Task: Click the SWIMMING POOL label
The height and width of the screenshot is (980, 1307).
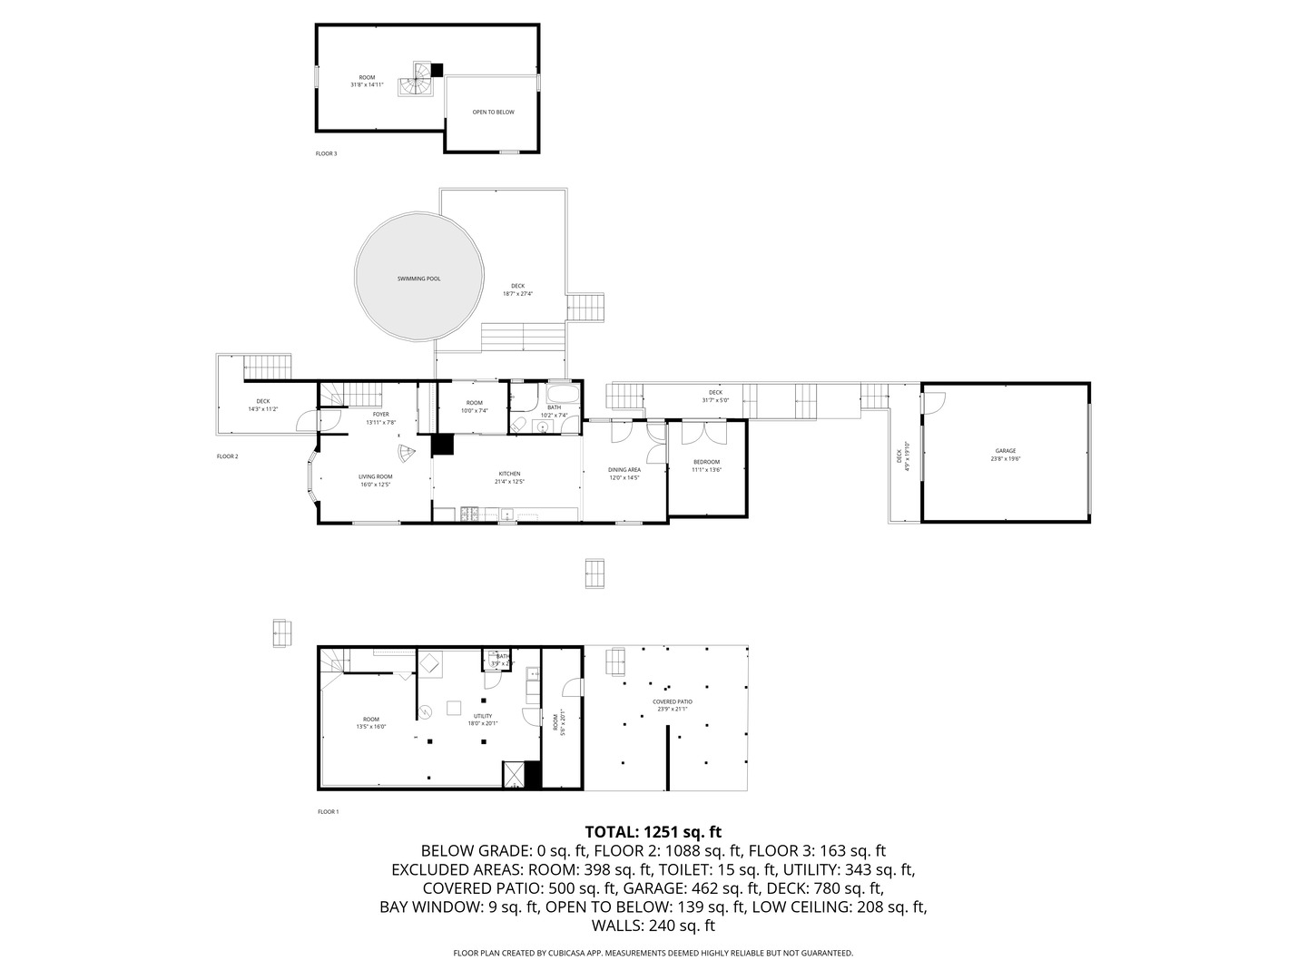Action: click(x=418, y=279)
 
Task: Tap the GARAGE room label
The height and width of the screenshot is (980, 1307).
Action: click(x=1005, y=451)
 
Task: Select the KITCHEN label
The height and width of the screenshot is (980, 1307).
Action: click(x=509, y=474)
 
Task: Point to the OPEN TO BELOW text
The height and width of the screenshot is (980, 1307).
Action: click(x=493, y=113)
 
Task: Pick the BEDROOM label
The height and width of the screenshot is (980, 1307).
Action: click(x=706, y=462)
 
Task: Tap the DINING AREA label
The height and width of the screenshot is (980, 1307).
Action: click(x=624, y=469)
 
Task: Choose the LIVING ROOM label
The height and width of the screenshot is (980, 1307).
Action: click(x=375, y=476)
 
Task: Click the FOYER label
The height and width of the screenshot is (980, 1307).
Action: click(x=380, y=415)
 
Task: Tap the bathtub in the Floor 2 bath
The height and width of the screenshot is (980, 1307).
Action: click(x=560, y=395)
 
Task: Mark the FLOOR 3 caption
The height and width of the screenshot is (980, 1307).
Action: click(x=326, y=154)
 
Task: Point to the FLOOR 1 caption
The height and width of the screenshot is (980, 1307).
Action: click(x=328, y=812)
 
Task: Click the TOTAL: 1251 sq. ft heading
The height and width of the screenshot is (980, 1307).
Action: click(x=653, y=831)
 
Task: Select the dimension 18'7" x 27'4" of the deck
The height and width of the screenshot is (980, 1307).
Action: click(x=517, y=294)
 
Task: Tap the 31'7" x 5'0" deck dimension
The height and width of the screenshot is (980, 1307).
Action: click(x=715, y=400)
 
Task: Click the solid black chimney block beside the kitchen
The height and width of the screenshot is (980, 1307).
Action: click(x=442, y=445)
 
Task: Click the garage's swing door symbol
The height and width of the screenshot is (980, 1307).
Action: click(x=935, y=403)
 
